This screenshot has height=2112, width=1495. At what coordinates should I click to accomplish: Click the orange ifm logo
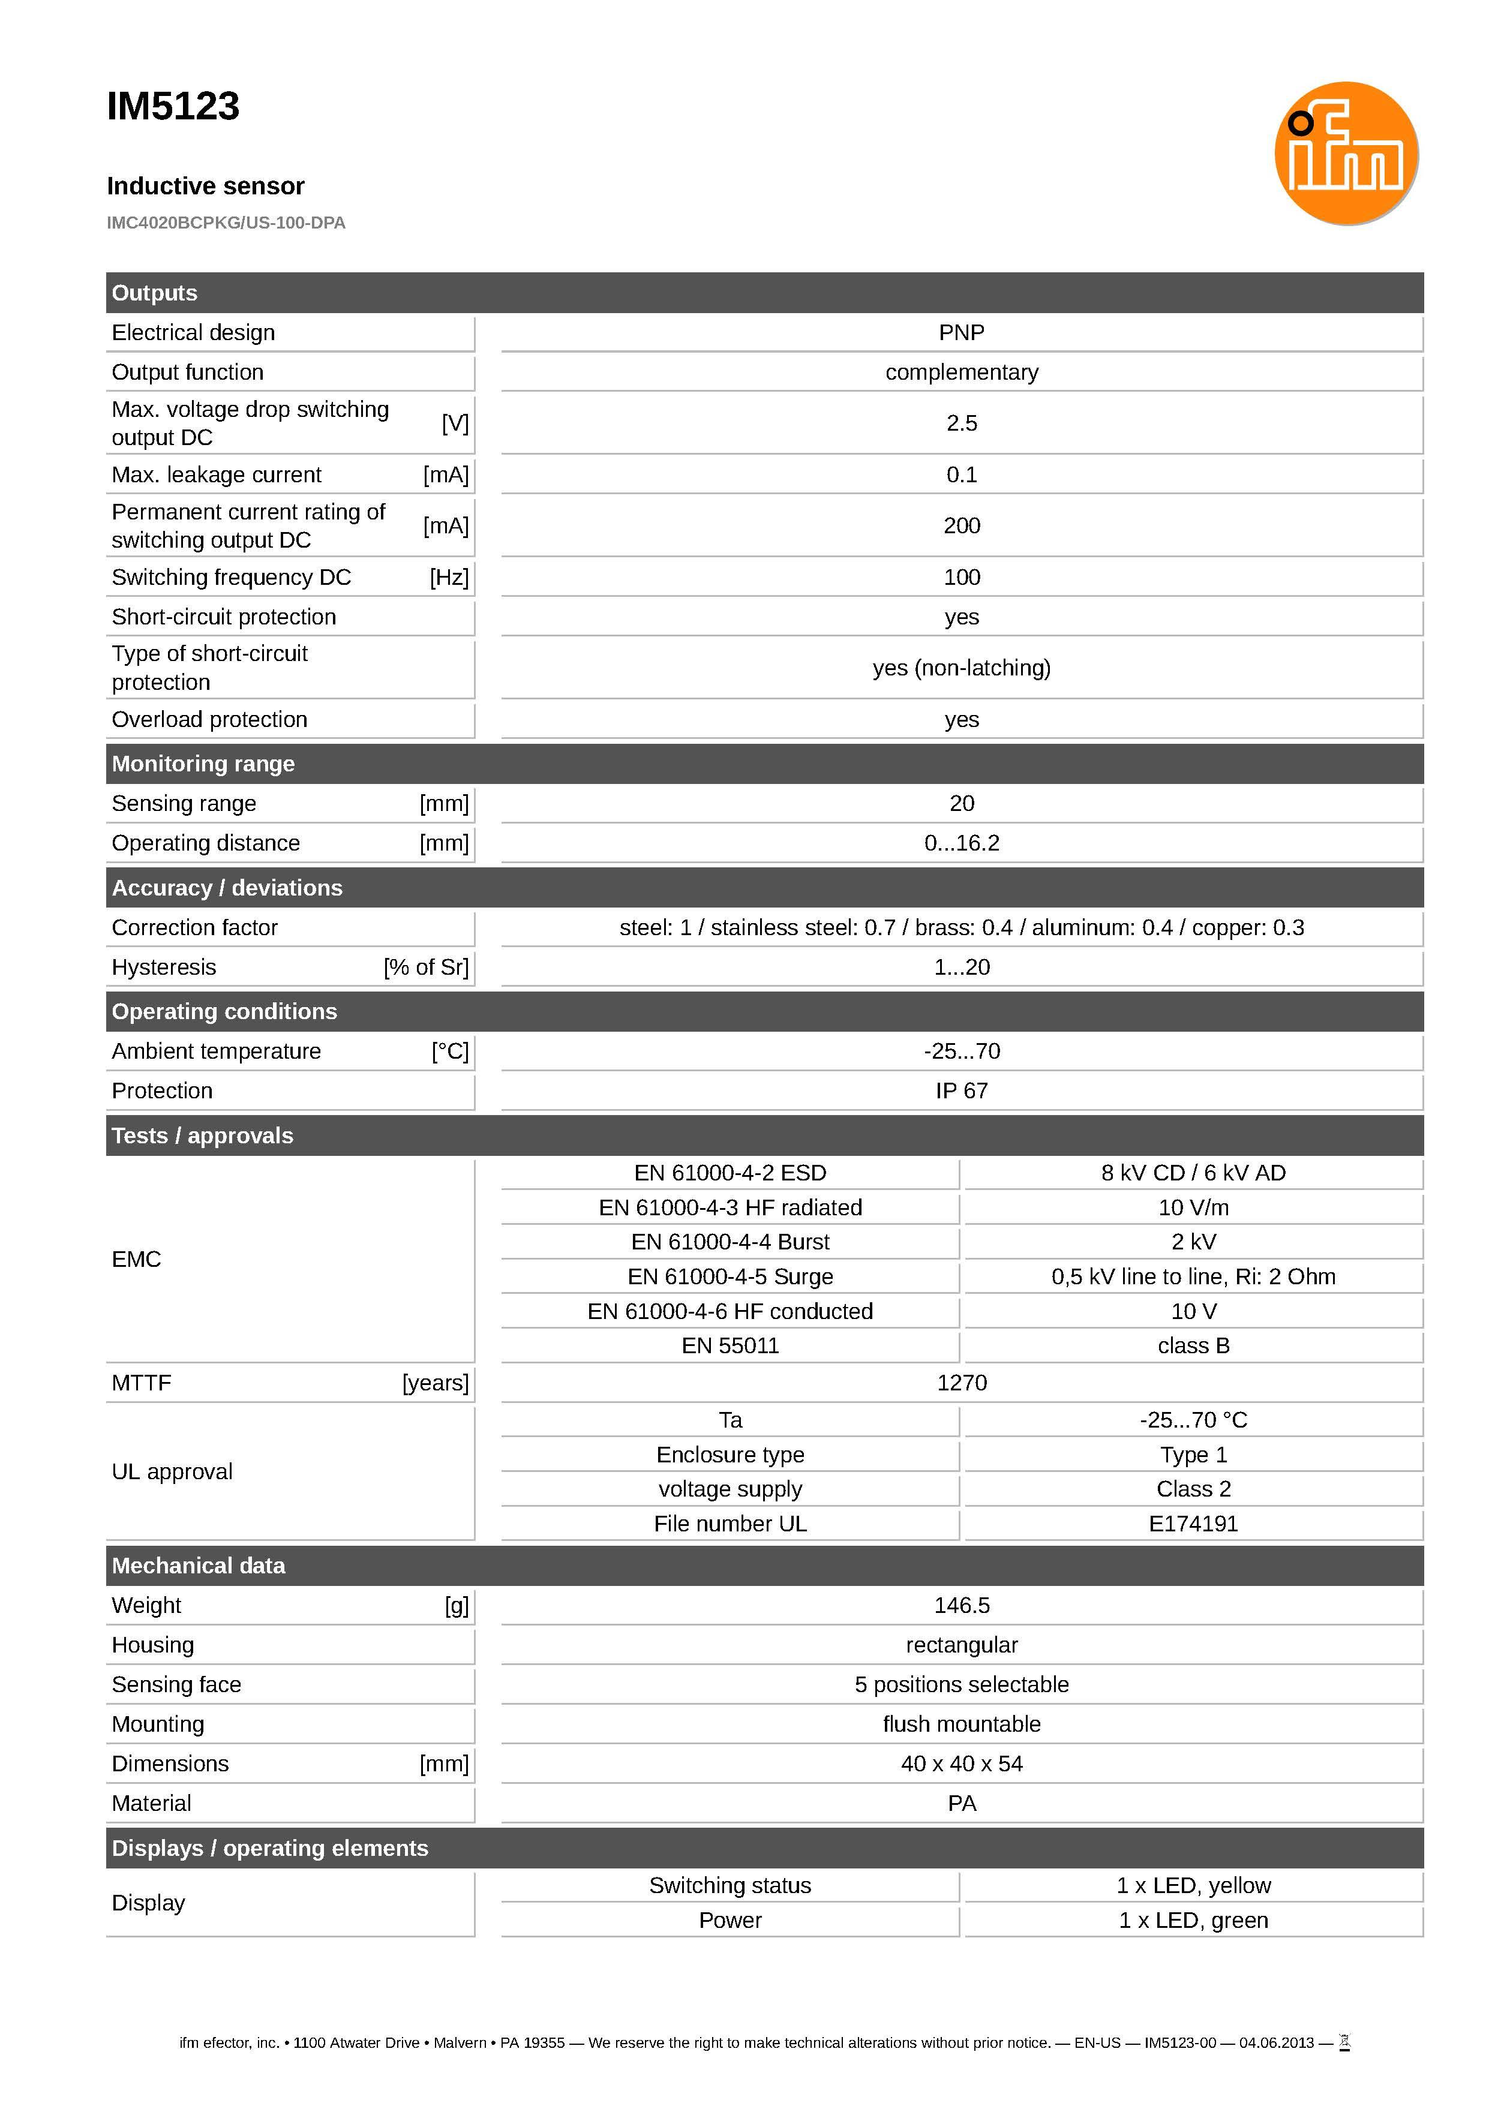pos(1345,154)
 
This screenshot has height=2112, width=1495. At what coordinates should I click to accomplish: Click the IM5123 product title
pos(173,107)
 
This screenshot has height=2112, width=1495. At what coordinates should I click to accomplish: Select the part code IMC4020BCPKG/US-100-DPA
pos(226,223)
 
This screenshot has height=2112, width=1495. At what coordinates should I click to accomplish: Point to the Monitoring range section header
pos(203,764)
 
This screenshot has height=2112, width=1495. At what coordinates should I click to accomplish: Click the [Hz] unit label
pos(449,577)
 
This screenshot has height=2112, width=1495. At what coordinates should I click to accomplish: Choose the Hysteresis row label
pos(164,967)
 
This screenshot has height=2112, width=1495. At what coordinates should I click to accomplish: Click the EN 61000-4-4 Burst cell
pos(730,1242)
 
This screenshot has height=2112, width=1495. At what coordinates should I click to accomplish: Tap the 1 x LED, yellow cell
pos(1193,1886)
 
